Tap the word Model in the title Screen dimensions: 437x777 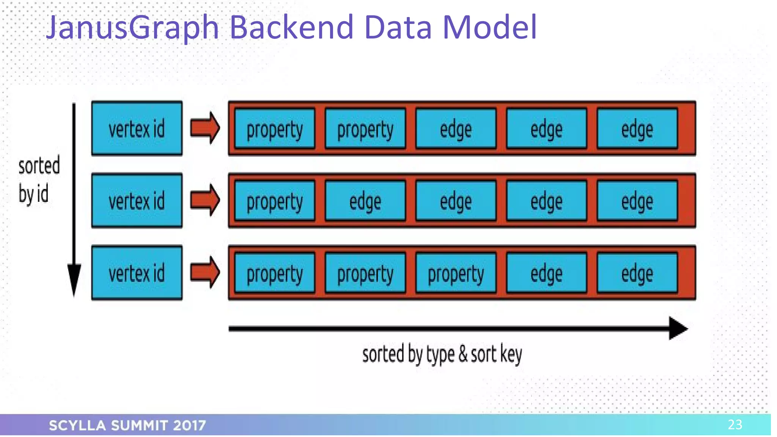pos(489,27)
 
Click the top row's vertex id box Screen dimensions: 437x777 pos(137,129)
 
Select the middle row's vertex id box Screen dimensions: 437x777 pos(137,201)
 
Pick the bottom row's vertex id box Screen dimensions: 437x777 pos(137,273)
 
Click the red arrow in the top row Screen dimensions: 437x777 pos(205,128)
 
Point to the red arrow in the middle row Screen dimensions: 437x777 pos(205,200)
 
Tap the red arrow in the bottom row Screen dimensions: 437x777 pos(205,272)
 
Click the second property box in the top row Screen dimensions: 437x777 pos(365,129)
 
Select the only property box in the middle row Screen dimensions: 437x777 pos(275,201)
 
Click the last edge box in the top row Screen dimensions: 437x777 pos(637,129)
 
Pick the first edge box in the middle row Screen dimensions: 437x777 pos(365,201)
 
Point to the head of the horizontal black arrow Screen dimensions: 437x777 pos(678,328)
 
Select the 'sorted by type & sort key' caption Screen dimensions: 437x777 pos(442,354)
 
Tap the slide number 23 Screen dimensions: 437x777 pos(735,424)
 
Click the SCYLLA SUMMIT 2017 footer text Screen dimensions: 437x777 pos(127,425)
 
